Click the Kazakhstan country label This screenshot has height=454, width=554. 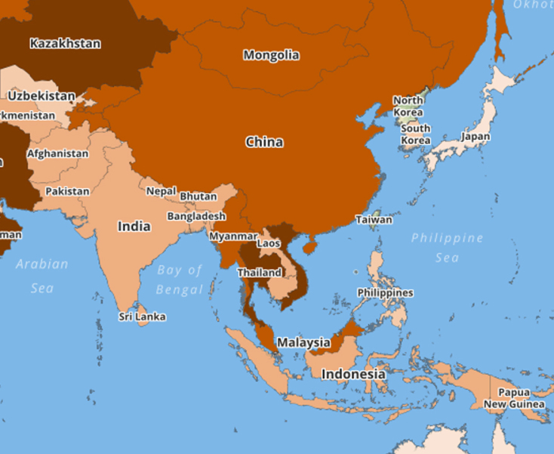[x=65, y=43]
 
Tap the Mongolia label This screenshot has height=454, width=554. [x=271, y=55]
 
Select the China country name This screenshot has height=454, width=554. [x=264, y=142]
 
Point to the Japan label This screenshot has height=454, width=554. [x=476, y=137]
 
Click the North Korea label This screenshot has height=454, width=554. [x=408, y=107]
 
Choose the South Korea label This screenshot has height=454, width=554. [x=415, y=134]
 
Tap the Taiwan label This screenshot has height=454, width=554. [x=374, y=220]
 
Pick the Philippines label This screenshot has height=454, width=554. [x=385, y=292]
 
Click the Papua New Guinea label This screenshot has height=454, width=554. [x=514, y=398]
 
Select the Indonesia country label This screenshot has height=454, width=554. [x=353, y=374]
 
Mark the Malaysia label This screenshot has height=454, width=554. [x=303, y=342]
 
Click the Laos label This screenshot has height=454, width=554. [x=269, y=243]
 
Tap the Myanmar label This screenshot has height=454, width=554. [x=228, y=236]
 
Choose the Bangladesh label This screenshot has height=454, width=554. [x=196, y=216]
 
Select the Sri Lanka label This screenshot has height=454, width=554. [x=142, y=317]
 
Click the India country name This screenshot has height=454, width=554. [x=134, y=226]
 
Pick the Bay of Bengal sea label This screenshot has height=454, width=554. [x=180, y=280]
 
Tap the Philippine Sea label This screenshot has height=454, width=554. [x=447, y=248]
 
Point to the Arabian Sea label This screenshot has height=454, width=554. [x=42, y=276]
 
